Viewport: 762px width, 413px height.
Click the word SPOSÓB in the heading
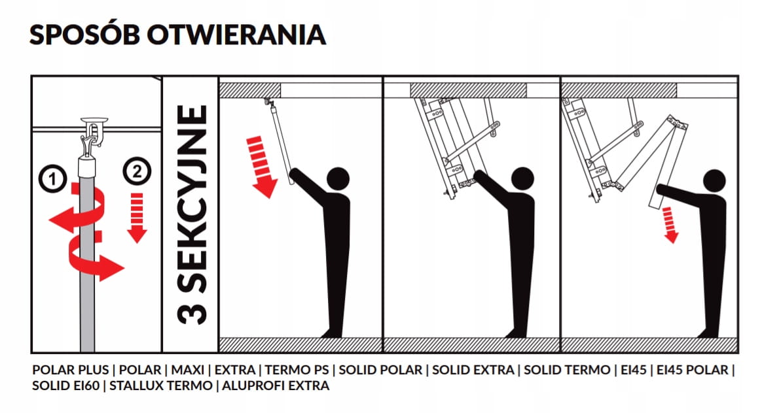pyautogui.click(x=84, y=34)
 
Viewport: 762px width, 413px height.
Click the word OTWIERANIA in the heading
pyautogui.click(x=236, y=35)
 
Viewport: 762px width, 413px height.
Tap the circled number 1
pyautogui.click(x=52, y=178)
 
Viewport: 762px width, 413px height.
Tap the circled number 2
pyautogui.click(x=137, y=171)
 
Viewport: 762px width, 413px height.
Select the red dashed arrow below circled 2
pyautogui.click(x=137, y=218)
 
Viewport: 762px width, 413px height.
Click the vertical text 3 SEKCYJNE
pyautogui.click(x=191, y=214)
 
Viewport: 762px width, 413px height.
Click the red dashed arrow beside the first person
pyautogui.click(x=261, y=167)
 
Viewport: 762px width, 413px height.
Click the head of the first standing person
pyautogui.click(x=338, y=178)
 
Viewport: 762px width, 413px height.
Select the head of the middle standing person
pyautogui.click(x=522, y=178)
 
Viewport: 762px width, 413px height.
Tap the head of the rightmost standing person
pyautogui.click(x=714, y=180)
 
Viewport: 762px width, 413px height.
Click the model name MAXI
pyautogui.click(x=188, y=370)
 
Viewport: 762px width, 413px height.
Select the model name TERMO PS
pyautogui.click(x=297, y=370)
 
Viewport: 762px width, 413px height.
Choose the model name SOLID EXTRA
pyautogui.click(x=473, y=370)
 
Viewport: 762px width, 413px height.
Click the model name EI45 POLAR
pyautogui.click(x=693, y=370)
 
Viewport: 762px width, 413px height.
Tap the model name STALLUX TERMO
pyautogui.click(x=161, y=386)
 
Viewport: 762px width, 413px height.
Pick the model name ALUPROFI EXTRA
pyautogui.click(x=276, y=386)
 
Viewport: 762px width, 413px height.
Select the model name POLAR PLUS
pyautogui.click(x=71, y=370)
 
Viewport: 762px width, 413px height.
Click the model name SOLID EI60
pyautogui.click(x=65, y=386)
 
